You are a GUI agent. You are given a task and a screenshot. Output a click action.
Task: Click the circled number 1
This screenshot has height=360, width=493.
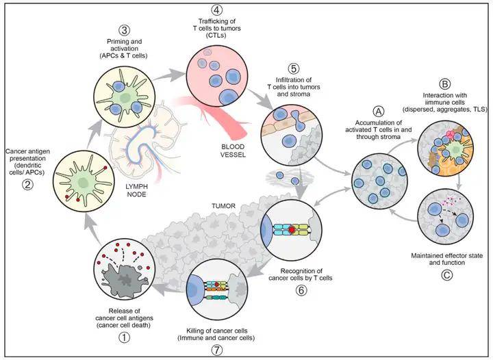click(124, 338)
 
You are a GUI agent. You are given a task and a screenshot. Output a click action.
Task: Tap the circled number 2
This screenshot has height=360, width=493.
click(27, 184)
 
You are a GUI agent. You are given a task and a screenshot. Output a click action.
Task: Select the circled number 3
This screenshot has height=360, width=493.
click(124, 31)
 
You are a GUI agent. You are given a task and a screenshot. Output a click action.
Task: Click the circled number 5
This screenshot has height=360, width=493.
click(294, 69)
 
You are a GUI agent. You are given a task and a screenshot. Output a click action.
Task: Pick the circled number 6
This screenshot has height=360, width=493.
click(301, 290)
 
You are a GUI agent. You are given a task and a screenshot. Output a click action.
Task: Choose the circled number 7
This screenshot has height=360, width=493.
click(216, 350)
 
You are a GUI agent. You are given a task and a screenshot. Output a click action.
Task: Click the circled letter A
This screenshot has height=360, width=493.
click(378, 111)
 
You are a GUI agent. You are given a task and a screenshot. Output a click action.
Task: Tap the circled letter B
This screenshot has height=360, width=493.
click(444, 84)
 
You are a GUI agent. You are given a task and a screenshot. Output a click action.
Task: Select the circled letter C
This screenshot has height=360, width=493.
click(446, 275)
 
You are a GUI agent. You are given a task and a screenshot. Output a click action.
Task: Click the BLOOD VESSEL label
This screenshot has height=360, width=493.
click(233, 151)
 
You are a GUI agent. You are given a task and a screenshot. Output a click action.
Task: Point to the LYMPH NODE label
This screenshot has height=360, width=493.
click(136, 190)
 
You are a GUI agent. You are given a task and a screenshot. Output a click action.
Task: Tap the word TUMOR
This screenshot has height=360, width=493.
click(223, 206)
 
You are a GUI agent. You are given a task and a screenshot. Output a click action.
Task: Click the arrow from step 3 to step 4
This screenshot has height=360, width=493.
click(170, 74)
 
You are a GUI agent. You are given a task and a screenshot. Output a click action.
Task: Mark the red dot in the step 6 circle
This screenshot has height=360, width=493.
click(292, 230)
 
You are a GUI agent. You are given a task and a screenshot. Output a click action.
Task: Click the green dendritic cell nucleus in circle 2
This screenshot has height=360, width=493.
click(84, 182)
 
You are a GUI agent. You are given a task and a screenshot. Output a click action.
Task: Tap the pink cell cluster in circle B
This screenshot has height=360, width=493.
click(450, 135)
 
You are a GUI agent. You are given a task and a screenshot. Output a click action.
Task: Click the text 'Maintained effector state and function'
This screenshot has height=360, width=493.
click(446, 259)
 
